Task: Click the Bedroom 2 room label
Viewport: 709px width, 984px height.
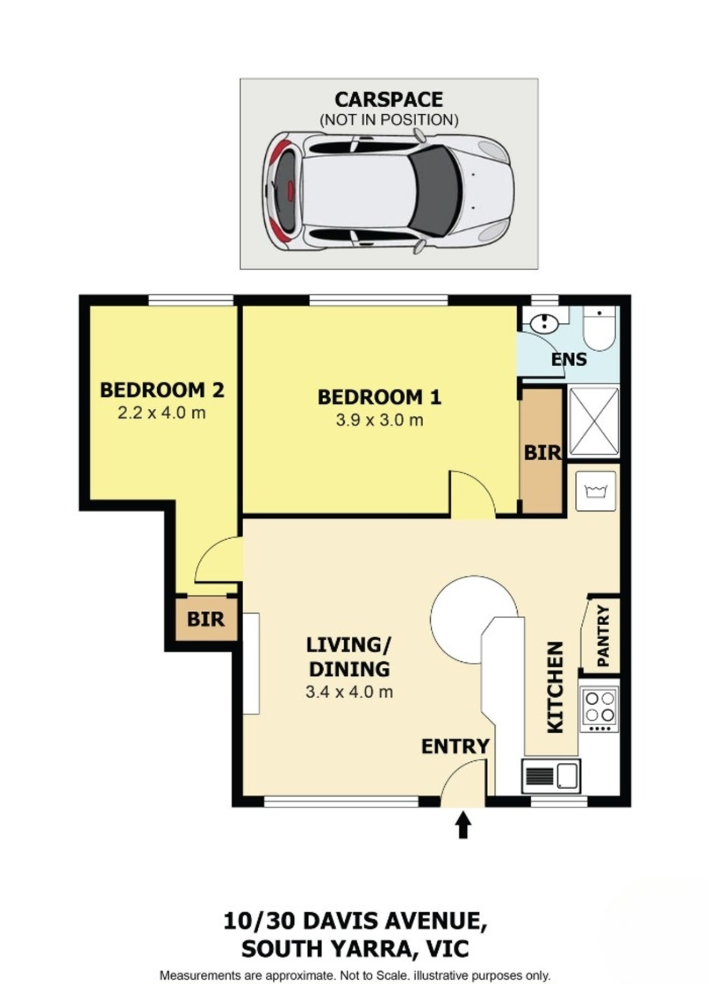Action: (x=162, y=390)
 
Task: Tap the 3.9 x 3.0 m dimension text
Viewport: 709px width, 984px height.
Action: (x=379, y=420)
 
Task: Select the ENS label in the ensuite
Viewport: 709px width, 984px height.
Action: (x=569, y=360)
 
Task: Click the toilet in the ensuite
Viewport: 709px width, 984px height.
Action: (x=599, y=329)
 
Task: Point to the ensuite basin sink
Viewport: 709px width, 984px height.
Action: (x=543, y=324)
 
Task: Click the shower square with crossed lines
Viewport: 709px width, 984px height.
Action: (x=594, y=422)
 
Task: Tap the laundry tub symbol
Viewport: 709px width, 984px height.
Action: (x=596, y=491)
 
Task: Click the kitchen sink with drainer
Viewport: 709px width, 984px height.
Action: (x=551, y=776)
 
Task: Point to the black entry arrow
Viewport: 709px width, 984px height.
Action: (x=463, y=825)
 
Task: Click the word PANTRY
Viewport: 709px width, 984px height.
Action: (x=604, y=636)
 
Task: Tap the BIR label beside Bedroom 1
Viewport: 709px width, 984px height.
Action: (x=542, y=453)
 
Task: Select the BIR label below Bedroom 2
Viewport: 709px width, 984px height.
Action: (x=206, y=619)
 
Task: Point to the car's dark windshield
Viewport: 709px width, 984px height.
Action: (x=435, y=190)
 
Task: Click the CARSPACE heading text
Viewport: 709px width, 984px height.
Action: (x=388, y=100)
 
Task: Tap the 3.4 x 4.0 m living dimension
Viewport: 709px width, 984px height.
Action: (x=349, y=692)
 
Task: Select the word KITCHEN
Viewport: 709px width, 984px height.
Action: (x=555, y=687)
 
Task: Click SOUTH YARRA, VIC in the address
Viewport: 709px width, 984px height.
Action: (x=354, y=949)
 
